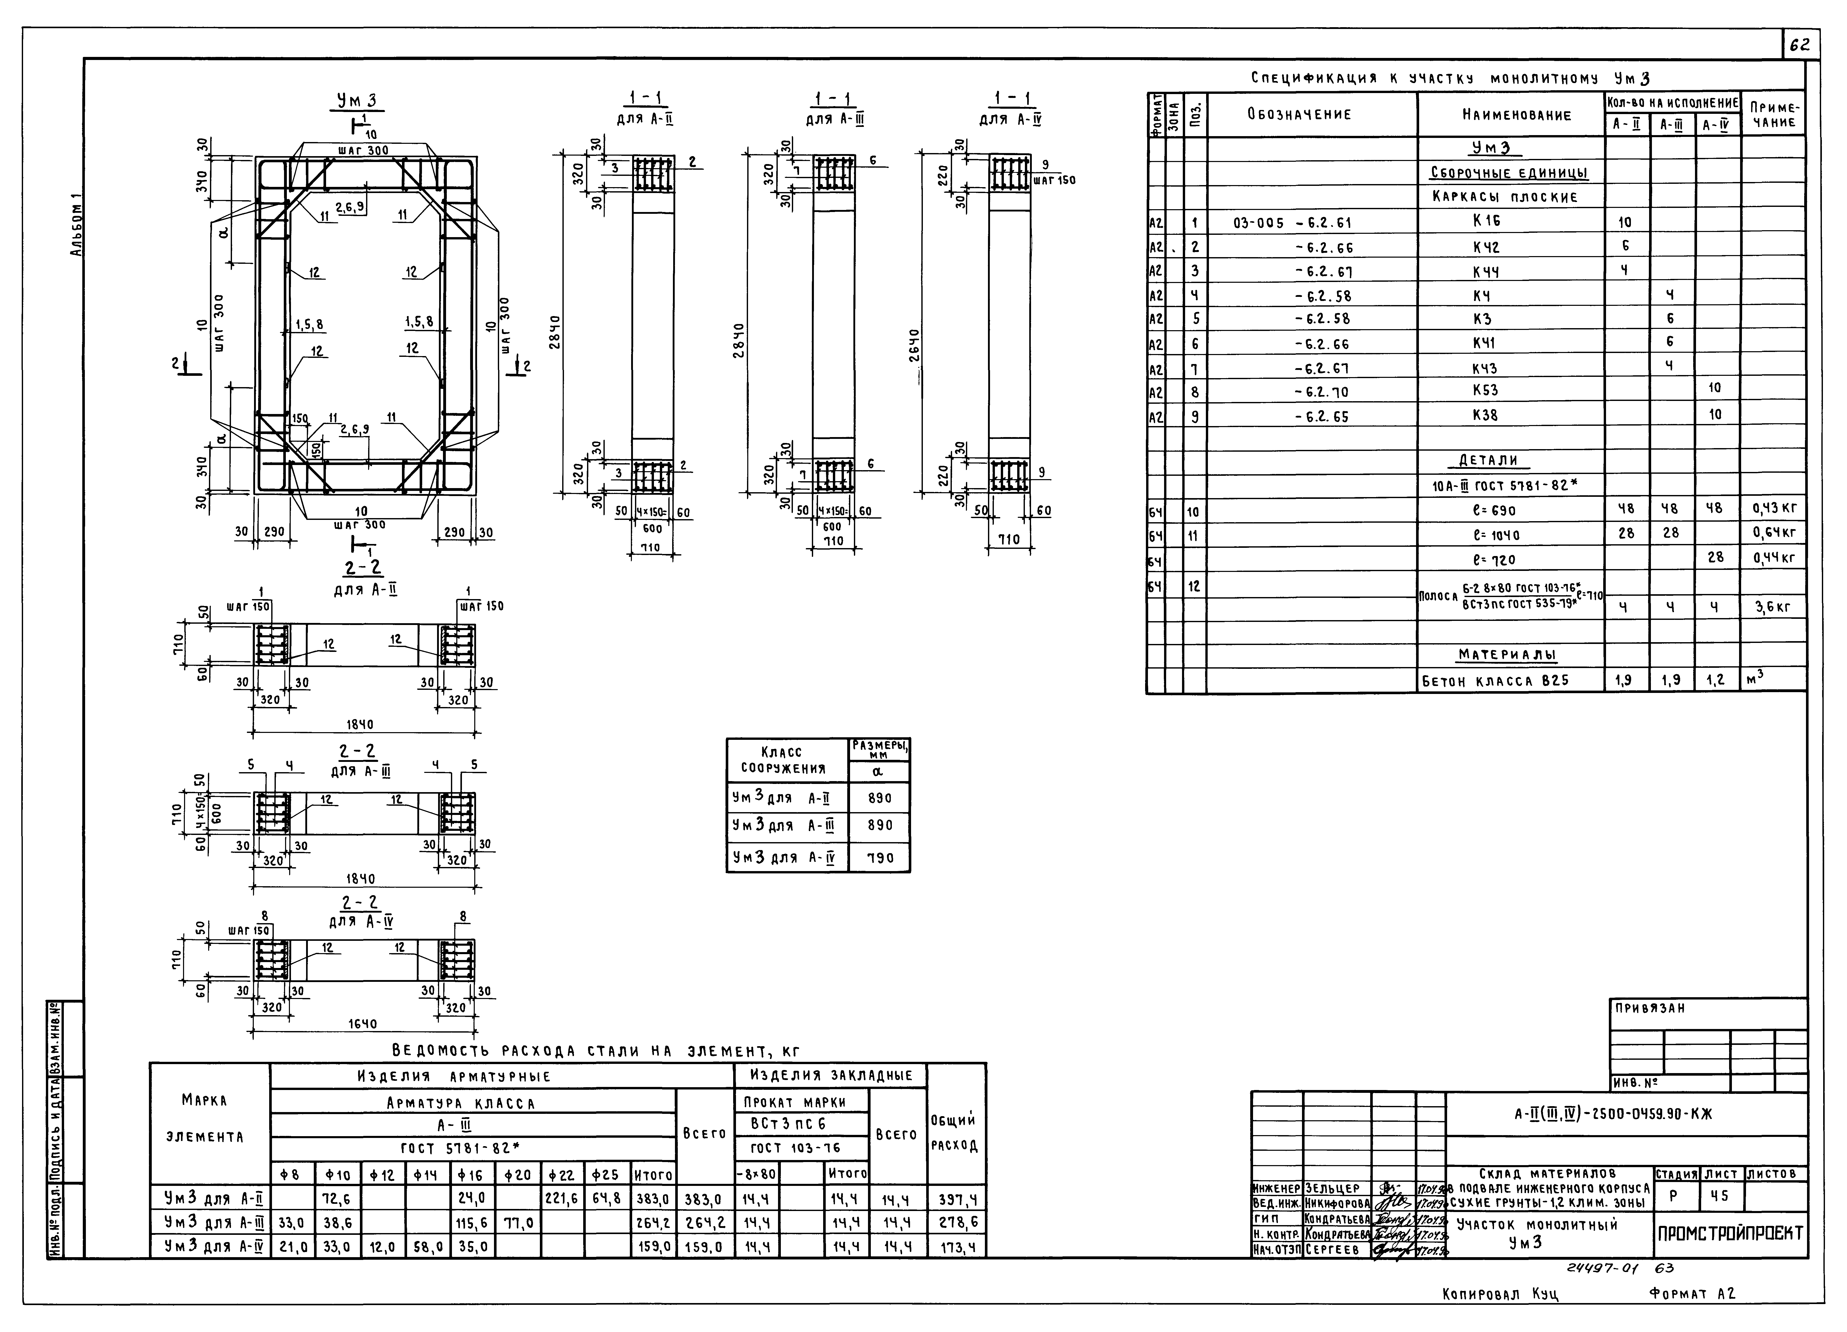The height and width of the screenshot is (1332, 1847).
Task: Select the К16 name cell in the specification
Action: click(x=1486, y=221)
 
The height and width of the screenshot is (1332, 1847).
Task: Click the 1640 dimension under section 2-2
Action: click(x=362, y=1024)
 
